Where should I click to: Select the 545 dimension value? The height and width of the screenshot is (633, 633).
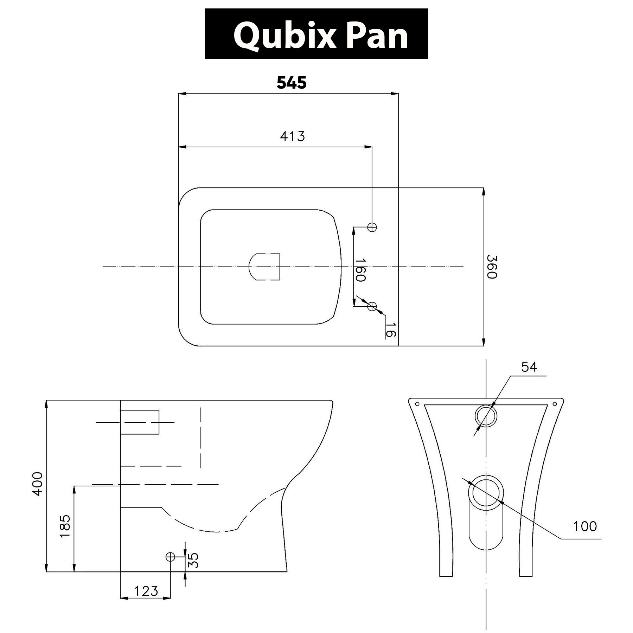coord(292,83)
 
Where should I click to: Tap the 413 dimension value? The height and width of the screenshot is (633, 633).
coord(292,136)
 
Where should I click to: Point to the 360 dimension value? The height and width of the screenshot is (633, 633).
coord(492,267)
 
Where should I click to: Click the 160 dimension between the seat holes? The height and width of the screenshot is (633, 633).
coord(360,270)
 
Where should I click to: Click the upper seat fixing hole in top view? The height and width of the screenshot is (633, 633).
coord(372,227)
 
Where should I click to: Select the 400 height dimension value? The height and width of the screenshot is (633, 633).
coord(37,484)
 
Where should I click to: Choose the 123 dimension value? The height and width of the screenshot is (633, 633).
coord(146,591)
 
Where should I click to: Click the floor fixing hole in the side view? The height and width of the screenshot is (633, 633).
coord(170,557)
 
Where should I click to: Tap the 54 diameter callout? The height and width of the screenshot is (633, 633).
coord(529,367)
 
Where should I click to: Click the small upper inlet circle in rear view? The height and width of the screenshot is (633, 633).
coord(486,416)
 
